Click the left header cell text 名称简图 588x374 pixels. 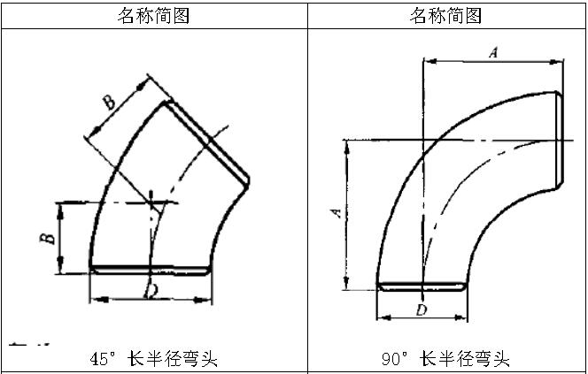point(154,15)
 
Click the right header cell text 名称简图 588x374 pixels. point(447,15)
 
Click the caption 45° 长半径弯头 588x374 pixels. point(154,358)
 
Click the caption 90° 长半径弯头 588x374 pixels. point(445,358)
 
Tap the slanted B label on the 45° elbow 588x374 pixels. point(109,103)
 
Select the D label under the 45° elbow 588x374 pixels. point(151,290)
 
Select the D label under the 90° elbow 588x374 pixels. point(422,309)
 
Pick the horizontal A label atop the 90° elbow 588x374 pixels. point(493,54)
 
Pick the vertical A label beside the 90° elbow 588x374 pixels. point(336,212)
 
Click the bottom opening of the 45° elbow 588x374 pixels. point(152,269)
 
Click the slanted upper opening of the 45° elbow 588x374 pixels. point(206,141)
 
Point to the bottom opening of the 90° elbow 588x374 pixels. point(422,286)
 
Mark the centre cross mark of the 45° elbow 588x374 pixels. point(154,202)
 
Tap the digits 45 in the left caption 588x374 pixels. point(98,358)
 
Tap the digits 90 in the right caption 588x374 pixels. point(390,358)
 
